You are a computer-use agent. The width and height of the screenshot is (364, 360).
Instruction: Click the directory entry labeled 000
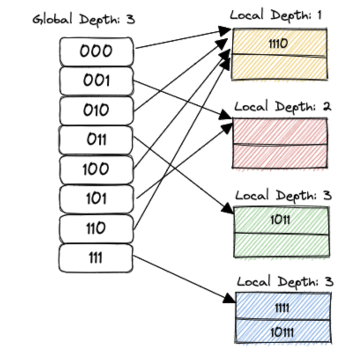click(x=96, y=51)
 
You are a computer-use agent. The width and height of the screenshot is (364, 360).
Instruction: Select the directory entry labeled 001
click(x=96, y=81)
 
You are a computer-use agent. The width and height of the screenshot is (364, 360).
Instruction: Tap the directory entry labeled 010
click(x=96, y=110)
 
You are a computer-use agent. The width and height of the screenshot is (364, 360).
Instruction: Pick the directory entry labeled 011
click(x=96, y=140)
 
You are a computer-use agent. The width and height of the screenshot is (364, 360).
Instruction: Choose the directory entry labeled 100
click(x=96, y=169)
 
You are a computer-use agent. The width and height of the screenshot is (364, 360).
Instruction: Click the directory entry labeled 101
click(x=96, y=199)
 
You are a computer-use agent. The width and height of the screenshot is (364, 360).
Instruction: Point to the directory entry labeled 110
click(x=96, y=228)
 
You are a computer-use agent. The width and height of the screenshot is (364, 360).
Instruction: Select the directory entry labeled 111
click(x=96, y=258)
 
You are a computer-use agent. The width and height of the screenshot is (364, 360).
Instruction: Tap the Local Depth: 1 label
click(x=276, y=15)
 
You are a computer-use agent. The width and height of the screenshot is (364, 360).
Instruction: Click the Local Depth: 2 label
click(x=282, y=107)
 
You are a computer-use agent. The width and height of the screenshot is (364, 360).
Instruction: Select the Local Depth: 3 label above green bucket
click(x=283, y=195)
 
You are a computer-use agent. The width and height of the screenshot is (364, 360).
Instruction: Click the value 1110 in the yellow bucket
click(x=278, y=43)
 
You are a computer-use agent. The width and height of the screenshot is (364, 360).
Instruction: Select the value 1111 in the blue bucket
click(x=282, y=307)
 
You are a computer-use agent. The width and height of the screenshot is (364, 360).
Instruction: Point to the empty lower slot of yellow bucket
click(x=279, y=67)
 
